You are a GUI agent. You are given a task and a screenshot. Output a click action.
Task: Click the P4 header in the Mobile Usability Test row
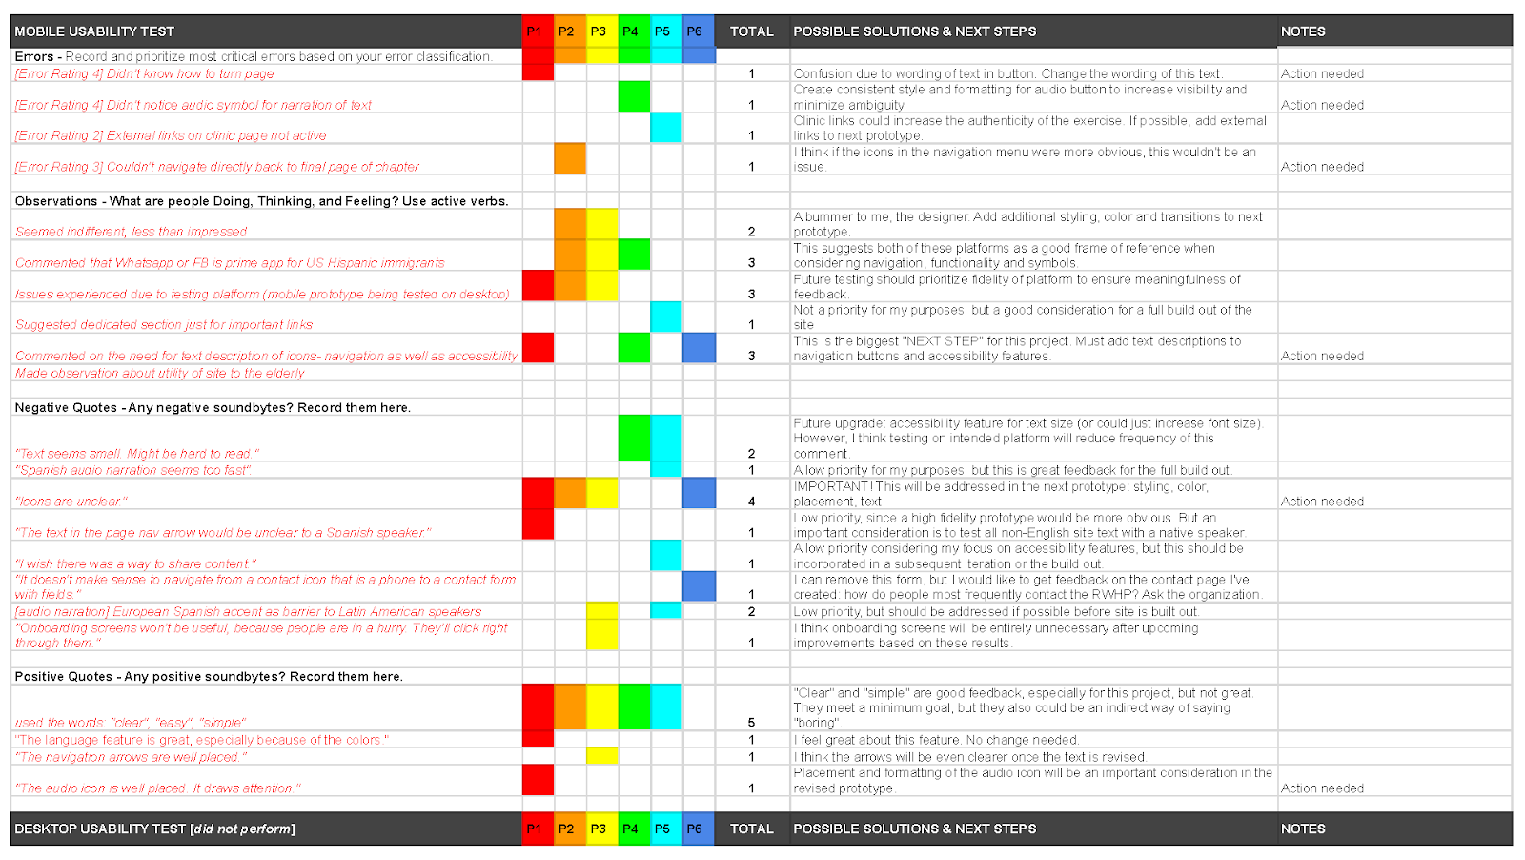(x=630, y=31)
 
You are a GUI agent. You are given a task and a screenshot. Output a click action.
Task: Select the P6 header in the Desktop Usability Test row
(x=694, y=829)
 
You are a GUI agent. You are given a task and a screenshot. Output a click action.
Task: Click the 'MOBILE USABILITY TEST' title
(x=94, y=31)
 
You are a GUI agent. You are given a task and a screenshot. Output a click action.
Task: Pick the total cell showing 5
(x=751, y=723)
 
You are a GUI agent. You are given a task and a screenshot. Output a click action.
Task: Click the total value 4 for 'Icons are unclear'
(x=751, y=502)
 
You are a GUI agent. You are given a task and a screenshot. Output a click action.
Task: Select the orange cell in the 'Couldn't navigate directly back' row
(x=570, y=158)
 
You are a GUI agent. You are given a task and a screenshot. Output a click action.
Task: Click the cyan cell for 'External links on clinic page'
(x=666, y=128)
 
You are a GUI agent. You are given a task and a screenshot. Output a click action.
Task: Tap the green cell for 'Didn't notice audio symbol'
(x=634, y=96)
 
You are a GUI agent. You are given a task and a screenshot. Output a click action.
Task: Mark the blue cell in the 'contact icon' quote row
(x=699, y=586)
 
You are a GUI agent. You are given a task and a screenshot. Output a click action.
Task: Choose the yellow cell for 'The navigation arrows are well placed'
(x=601, y=756)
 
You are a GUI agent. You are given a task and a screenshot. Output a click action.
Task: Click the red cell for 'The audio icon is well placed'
(x=538, y=780)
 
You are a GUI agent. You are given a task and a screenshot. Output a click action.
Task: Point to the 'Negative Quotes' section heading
(x=213, y=407)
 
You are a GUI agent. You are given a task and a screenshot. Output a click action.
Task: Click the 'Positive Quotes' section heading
(x=209, y=676)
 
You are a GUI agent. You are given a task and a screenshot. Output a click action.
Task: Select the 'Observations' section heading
(x=261, y=201)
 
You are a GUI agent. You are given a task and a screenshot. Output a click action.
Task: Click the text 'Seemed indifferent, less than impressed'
(x=131, y=232)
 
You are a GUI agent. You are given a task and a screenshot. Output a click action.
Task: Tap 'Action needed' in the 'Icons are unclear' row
(x=1322, y=502)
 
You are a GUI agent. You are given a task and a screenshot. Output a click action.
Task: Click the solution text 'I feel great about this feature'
(x=935, y=740)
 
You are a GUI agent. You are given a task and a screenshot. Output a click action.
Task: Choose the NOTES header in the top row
(x=1303, y=31)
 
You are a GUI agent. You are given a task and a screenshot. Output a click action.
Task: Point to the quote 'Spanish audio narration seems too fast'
(x=132, y=470)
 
